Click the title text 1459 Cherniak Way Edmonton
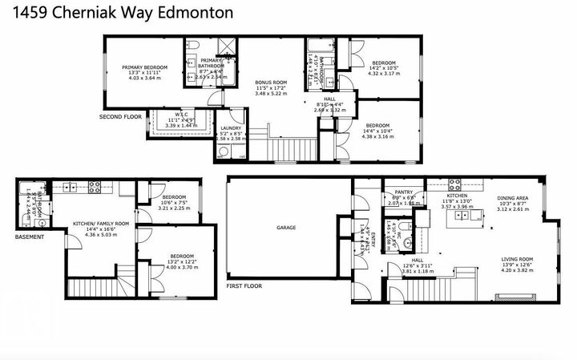118,13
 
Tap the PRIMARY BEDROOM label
144,67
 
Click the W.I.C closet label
181,114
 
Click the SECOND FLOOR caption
120,117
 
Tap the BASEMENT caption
29,237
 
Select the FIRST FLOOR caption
244,285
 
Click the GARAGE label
286,228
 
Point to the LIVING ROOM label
518,259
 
